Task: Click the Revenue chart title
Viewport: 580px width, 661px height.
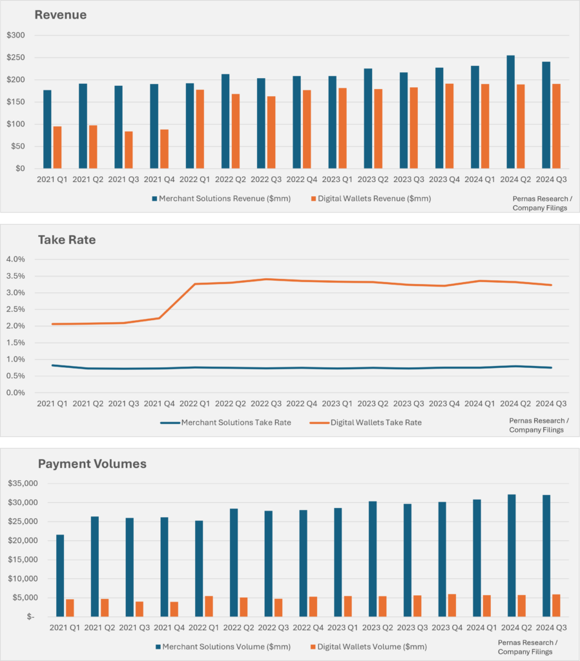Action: [x=61, y=14]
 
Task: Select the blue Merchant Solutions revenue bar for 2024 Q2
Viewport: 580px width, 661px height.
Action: [x=510, y=112]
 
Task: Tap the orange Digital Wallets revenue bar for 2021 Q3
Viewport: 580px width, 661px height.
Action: [x=129, y=150]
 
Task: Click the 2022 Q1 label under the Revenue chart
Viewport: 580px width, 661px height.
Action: [x=196, y=179]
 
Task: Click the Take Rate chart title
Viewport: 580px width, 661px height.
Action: [x=67, y=239]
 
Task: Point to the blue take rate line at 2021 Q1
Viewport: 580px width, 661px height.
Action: [x=52, y=365]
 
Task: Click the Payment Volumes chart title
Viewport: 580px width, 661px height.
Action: [x=92, y=463]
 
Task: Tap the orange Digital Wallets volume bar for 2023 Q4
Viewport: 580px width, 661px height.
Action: [x=452, y=605]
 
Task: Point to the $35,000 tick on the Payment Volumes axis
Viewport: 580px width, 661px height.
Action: [x=23, y=483]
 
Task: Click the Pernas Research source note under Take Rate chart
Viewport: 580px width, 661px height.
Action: [x=536, y=425]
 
